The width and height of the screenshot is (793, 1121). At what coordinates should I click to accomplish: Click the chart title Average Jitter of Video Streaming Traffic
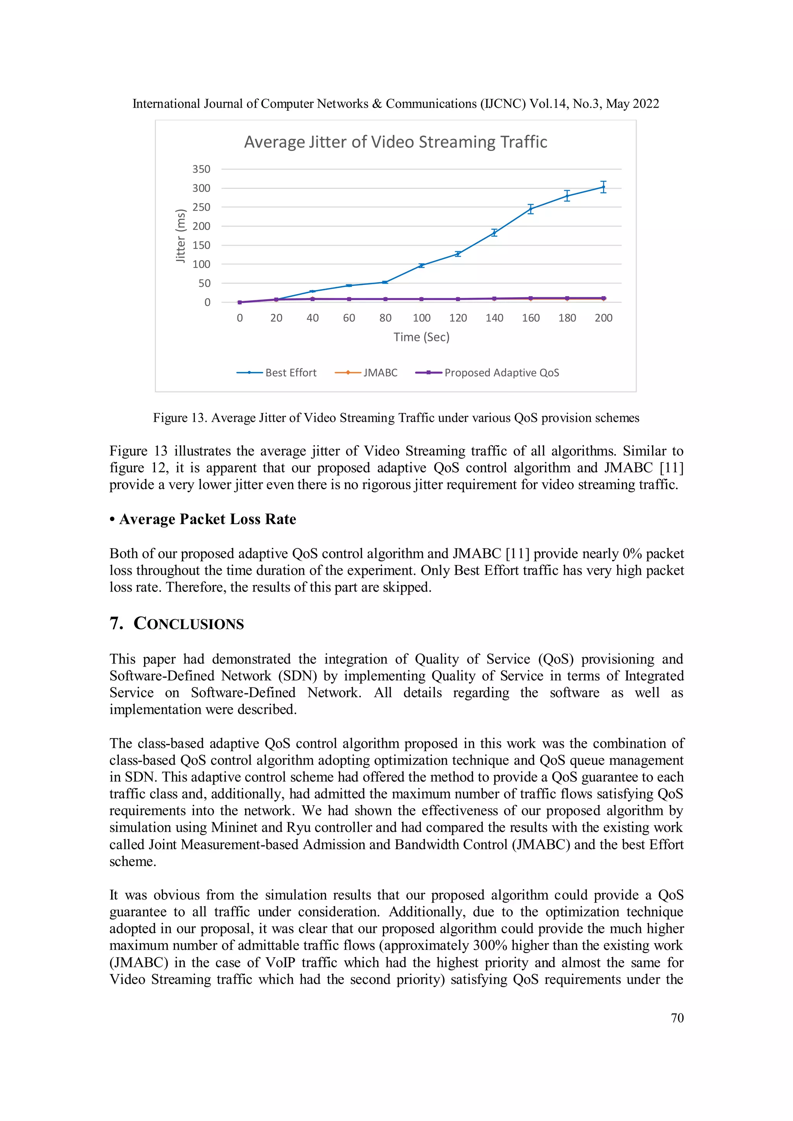click(395, 142)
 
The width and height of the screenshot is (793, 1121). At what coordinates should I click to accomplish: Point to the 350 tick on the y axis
click(201, 169)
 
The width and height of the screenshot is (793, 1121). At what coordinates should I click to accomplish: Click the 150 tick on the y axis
click(201, 245)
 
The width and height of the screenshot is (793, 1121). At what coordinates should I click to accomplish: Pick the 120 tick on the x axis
click(458, 318)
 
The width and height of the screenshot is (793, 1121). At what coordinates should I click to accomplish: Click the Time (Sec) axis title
click(421, 337)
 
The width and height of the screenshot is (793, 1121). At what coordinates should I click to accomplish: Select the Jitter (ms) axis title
click(181, 236)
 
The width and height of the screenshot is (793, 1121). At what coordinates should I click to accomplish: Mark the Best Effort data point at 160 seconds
click(531, 209)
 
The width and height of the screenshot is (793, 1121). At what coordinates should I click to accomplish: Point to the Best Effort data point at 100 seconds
click(421, 266)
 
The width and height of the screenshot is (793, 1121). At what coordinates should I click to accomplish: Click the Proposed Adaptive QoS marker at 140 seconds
click(494, 298)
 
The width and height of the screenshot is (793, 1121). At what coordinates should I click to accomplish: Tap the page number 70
click(677, 1018)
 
